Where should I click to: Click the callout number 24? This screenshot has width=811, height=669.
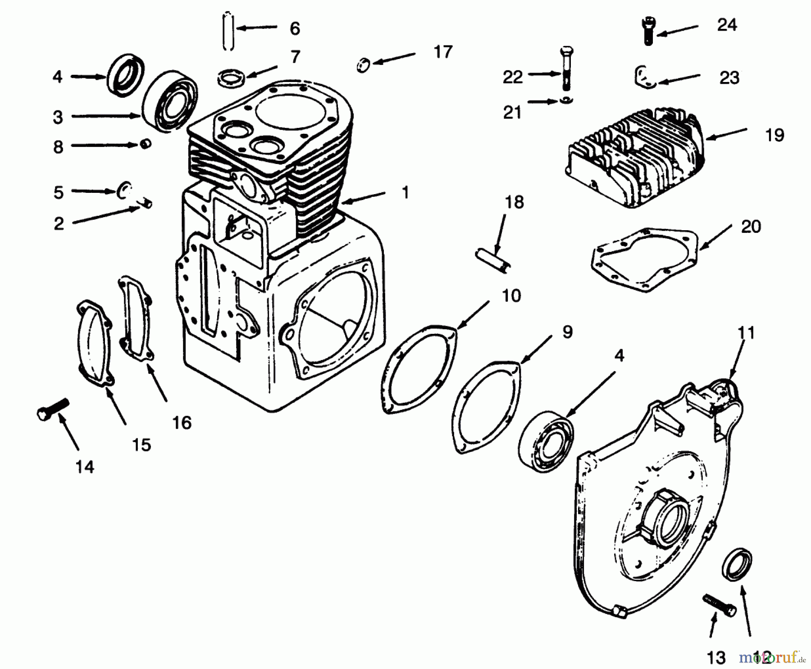tap(727, 25)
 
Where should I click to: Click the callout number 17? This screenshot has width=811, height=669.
tap(442, 52)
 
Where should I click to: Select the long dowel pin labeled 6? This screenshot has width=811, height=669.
tap(229, 32)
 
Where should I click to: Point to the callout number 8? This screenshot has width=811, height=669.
tap(58, 147)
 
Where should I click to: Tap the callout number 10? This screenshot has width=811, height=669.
tap(511, 296)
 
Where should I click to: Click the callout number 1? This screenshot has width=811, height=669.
tap(405, 193)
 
